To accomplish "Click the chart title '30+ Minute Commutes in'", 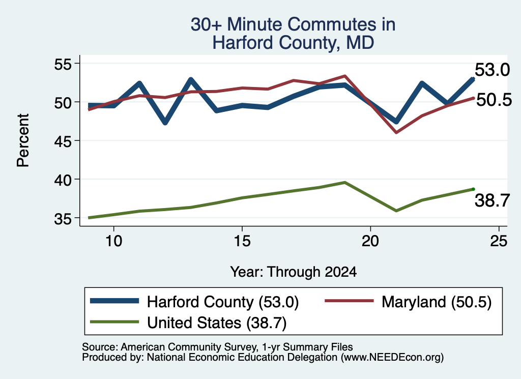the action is [293, 24].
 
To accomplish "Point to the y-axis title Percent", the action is [23, 140].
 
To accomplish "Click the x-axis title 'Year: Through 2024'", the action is [294, 272].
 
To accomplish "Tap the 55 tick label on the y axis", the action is [63, 64].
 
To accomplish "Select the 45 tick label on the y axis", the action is [63, 141].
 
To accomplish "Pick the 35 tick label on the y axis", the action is [63, 219].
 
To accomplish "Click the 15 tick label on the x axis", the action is [242, 241].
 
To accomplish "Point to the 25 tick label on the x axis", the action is [499, 241].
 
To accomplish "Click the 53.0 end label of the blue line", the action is [492, 70].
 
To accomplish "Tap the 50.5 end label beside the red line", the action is [494, 100].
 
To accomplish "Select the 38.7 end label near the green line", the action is [492, 200].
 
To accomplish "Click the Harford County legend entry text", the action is [223, 302].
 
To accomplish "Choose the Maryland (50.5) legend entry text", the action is [437, 302].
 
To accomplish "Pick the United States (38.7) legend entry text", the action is [217, 323].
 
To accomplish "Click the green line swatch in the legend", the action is [114, 322].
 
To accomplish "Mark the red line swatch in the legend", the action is [349, 301].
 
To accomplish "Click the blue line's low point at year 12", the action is [165, 123].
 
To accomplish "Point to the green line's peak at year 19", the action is [345, 182].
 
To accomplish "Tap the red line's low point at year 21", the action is [396, 133].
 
